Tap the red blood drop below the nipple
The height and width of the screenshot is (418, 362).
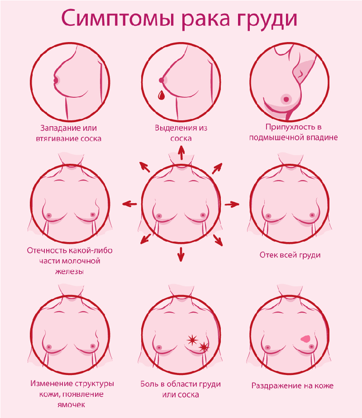click(x=161, y=95)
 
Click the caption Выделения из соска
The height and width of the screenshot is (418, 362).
click(x=181, y=133)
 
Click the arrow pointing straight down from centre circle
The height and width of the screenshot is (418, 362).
click(x=181, y=254)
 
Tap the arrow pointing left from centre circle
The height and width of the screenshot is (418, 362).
click(x=129, y=204)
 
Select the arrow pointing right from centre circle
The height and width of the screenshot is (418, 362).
click(x=232, y=204)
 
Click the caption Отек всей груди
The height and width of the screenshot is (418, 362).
click(x=290, y=255)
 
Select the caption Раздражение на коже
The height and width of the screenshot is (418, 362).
click(x=292, y=386)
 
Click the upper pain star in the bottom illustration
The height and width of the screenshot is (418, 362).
click(x=193, y=339)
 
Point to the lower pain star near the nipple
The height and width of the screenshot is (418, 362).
click(x=204, y=347)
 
